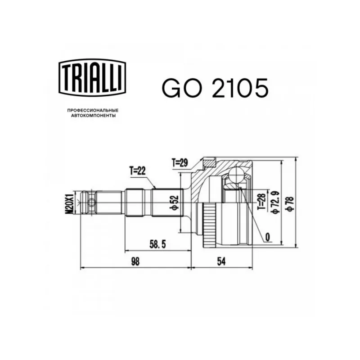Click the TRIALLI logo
tap(93, 77)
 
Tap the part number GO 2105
tap(215, 88)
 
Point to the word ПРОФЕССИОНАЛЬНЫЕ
tap(93, 110)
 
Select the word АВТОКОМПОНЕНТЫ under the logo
tap(93, 116)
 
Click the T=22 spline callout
tap(137, 171)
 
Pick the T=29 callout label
tap(180, 162)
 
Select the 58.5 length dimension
tap(157, 244)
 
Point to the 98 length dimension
tap(135, 261)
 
